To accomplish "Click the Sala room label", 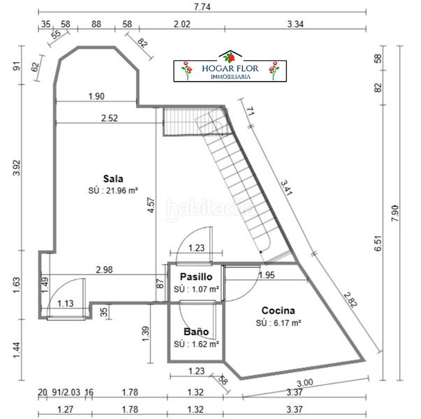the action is tap(113, 179).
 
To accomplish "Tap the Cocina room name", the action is tap(278, 311).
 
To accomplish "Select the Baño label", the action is tap(196, 332).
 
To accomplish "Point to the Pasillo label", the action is tap(196, 277).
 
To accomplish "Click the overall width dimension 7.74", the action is tap(202, 7).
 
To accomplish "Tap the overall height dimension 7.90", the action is tap(395, 213).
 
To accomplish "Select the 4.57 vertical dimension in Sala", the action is tap(152, 205).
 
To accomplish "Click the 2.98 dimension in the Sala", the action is tap(105, 270).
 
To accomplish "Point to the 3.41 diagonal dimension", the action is tap(286, 188).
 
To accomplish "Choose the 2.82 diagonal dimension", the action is tap(350, 300).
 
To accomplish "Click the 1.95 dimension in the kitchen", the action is tap(266, 275).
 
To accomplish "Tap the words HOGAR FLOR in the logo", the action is tap(230, 68).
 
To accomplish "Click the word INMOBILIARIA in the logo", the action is tap(230, 77).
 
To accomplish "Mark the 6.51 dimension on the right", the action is tap(378, 243).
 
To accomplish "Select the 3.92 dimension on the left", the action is tap(17, 168).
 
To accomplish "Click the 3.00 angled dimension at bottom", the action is tap(305, 383).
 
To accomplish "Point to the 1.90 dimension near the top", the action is tap(96, 96).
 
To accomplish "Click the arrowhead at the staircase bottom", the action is tap(260, 251).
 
